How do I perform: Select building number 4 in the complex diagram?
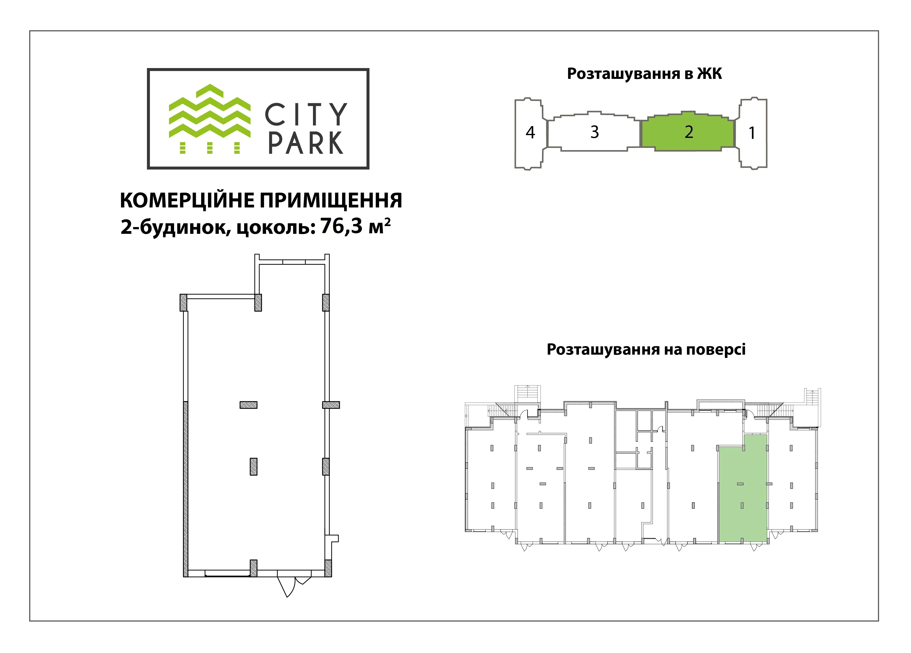pos(530,133)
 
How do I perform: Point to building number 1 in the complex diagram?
pos(752,133)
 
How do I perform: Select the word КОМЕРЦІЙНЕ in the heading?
pos(187,200)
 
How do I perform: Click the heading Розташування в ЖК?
pos(644,74)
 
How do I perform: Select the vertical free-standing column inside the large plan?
pos(253,467)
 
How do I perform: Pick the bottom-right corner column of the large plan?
pos(328,568)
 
